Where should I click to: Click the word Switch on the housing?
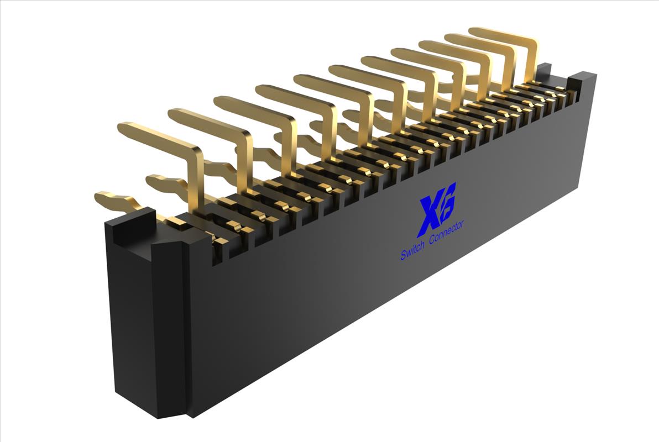tap(413, 250)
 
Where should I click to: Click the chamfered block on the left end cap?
tap(169, 260)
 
